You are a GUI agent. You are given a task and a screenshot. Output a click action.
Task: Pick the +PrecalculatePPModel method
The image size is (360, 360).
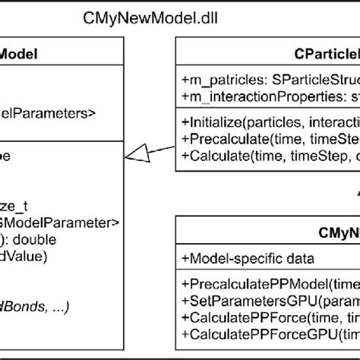tap(270, 284)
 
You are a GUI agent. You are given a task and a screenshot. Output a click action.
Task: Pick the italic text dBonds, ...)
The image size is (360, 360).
tap(46, 306)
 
